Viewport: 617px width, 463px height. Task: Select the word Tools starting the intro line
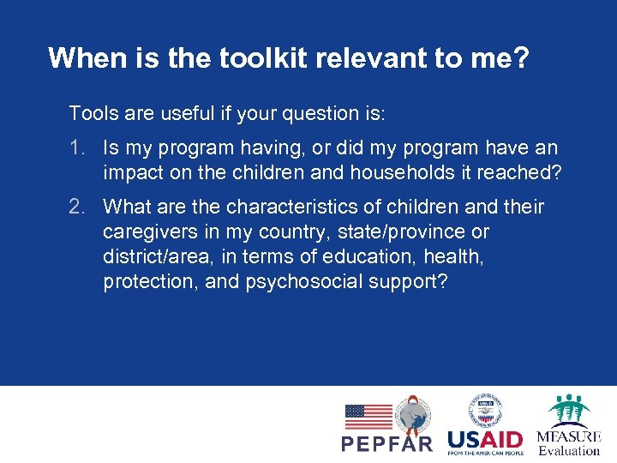pos(93,113)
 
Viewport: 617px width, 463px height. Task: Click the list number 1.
pos(78,148)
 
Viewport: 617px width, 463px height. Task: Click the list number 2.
pos(78,207)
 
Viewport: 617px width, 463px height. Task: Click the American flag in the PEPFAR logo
pos(368,417)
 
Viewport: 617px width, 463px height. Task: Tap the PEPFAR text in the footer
pos(386,443)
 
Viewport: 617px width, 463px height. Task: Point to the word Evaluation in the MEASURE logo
pos(569,450)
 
